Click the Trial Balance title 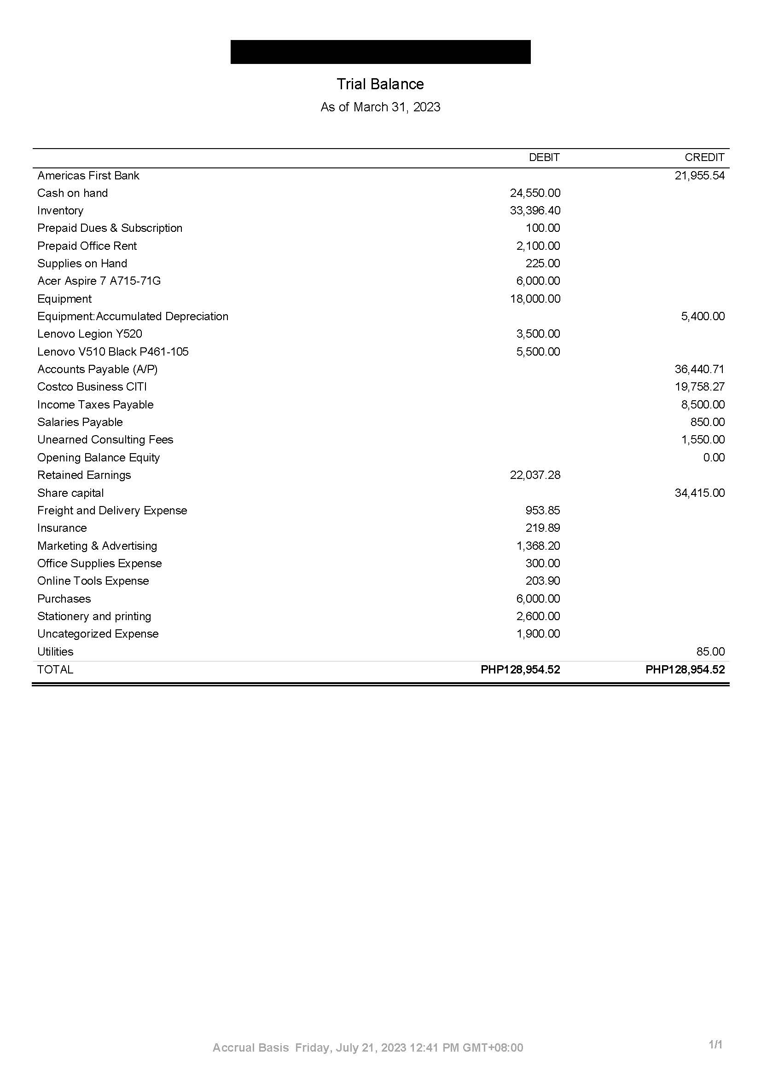pyautogui.click(x=380, y=84)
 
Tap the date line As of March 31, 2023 pyautogui.click(x=380, y=107)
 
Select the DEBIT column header pyautogui.click(x=544, y=157)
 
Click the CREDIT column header pyautogui.click(x=704, y=157)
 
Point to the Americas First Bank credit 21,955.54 pyautogui.click(x=700, y=176)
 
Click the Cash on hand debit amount pyautogui.click(x=535, y=193)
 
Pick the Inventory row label pyautogui.click(x=60, y=211)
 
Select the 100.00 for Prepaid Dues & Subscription pyautogui.click(x=542, y=228)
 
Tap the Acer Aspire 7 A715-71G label pyautogui.click(x=99, y=281)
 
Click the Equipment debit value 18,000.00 pyautogui.click(x=535, y=299)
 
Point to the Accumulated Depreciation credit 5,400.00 pyautogui.click(x=703, y=316)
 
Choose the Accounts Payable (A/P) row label pyautogui.click(x=98, y=369)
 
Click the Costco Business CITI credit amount pyautogui.click(x=700, y=387)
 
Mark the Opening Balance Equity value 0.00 pyautogui.click(x=714, y=457)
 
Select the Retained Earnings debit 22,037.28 pyautogui.click(x=535, y=475)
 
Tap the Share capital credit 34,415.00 pyautogui.click(x=700, y=493)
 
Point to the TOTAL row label pyautogui.click(x=55, y=670)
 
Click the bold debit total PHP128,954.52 pyautogui.click(x=521, y=670)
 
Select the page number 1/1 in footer pyautogui.click(x=715, y=1045)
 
